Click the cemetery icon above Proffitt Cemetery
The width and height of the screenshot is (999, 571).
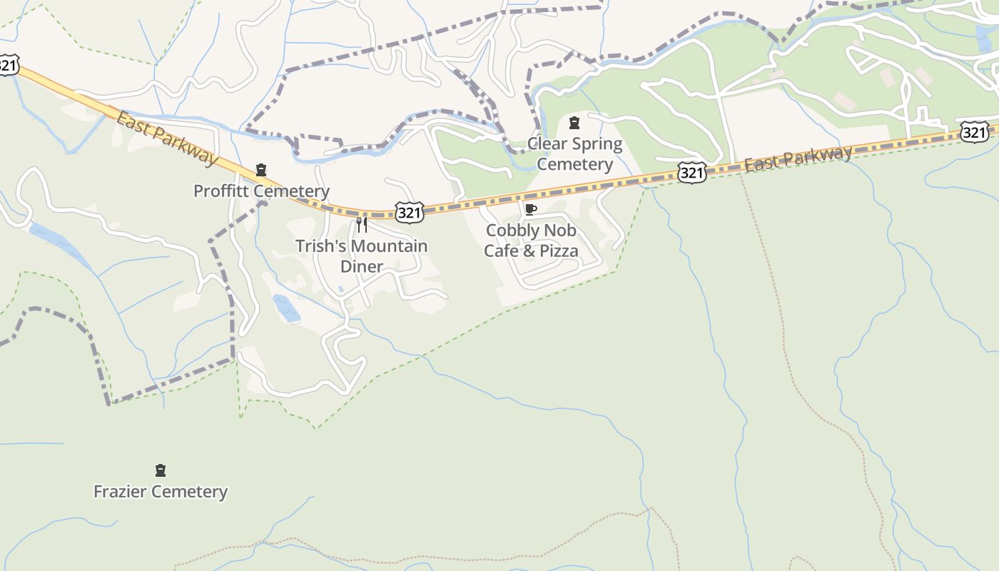tap(261, 170)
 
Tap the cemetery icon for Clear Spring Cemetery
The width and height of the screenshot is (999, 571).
tap(574, 123)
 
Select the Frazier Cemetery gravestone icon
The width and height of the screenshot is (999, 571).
tap(161, 470)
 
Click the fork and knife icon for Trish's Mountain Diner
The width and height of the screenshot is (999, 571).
tap(362, 226)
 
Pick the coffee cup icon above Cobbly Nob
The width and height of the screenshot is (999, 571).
tap(530, 209)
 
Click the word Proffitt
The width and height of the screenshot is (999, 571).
tap(220, 191)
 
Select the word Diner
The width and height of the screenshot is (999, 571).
tap(362, 266)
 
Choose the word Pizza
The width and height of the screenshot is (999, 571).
tap(557, 251)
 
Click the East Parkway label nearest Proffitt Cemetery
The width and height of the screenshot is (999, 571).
tap(166, 138)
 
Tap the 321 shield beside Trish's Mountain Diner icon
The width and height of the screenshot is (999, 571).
tap(410, 211)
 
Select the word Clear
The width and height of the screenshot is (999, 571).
tap(547, 144)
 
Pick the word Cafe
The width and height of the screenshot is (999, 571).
tap(502, 251)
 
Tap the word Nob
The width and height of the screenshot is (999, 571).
tap(562, 231)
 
